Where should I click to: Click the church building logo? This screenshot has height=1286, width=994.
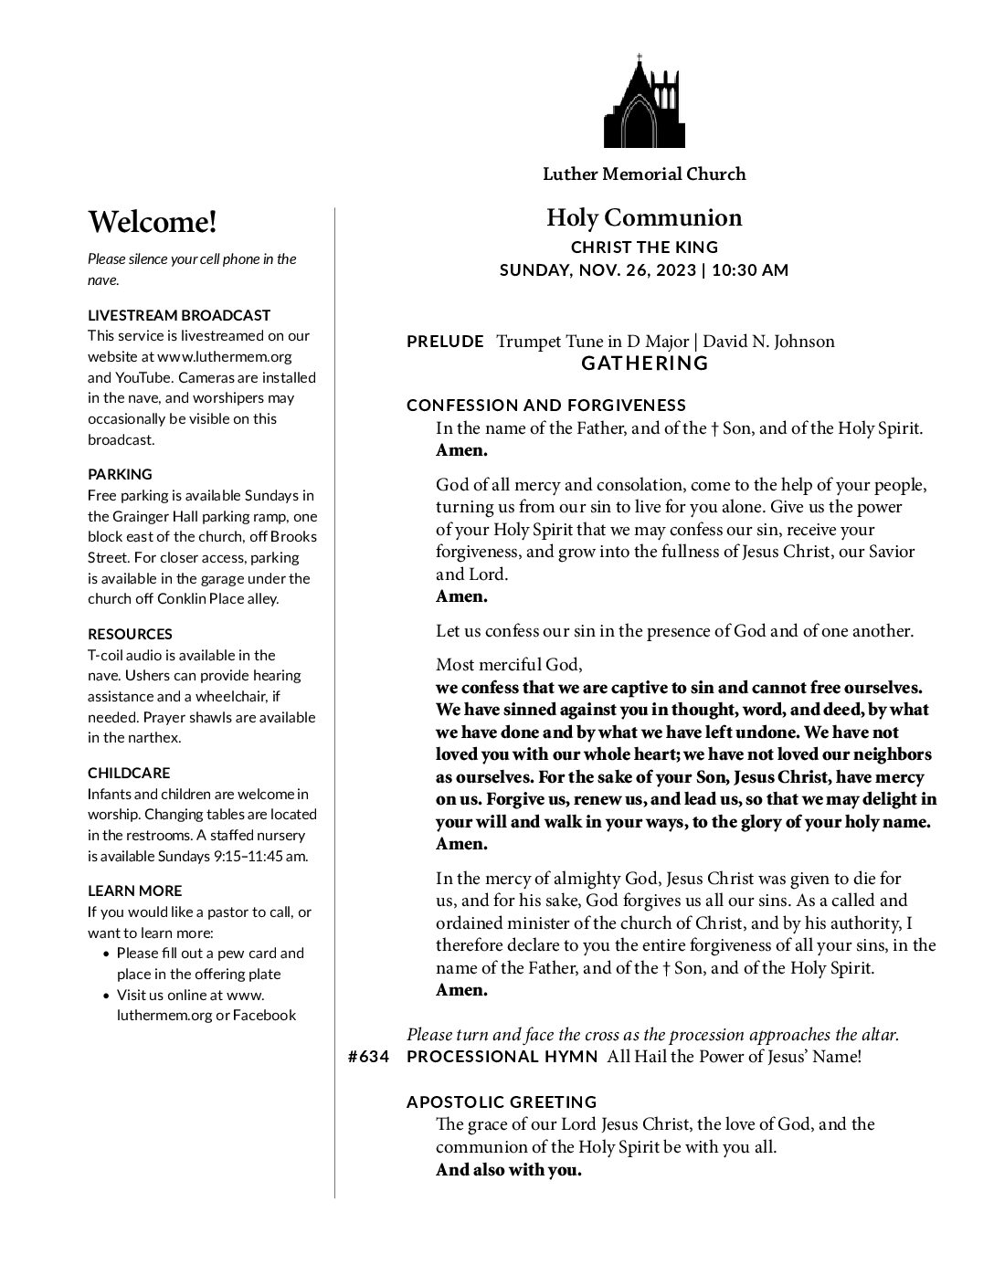[x=644, y=101]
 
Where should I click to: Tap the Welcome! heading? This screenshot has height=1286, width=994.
[x=153, y=222]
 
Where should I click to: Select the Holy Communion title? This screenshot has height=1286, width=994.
[x=644, y=217]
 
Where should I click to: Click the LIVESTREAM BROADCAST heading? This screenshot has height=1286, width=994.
[x=179, y=315]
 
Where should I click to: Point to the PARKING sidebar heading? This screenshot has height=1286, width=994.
[x=120, y=474]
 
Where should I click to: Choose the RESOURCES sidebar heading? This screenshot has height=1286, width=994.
[x=130, y=634]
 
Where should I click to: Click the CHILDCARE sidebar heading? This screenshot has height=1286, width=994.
[x=129, y=773]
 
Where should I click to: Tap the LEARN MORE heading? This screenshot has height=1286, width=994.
[x=134, y=891]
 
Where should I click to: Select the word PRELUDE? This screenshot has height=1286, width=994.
[x=445, y=342]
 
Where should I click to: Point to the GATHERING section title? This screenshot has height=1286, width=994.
[x=645, y=364]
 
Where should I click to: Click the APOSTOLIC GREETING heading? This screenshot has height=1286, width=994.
[x=502, y=1102]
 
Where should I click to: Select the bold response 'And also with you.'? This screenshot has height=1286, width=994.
[x=508, y=1170]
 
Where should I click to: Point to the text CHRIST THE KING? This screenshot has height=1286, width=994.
[x=644, y=248]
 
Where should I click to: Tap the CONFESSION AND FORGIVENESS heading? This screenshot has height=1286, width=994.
[x=546, y=406]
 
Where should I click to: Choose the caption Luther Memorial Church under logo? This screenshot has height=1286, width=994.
[x=644, y=174]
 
